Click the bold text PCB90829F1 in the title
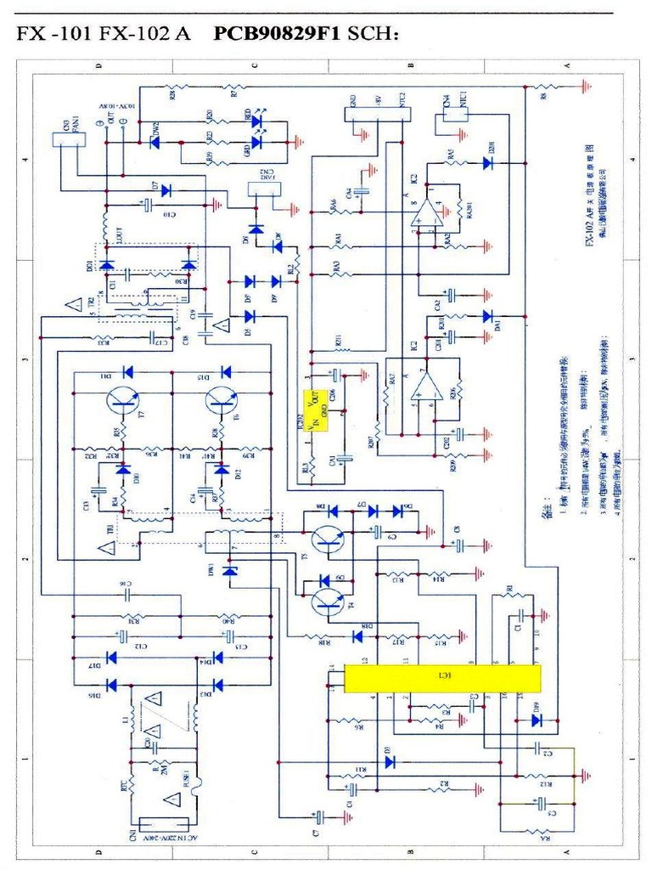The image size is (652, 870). [x=277, y=35]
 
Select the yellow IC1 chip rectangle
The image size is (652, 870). [x=441, y=678]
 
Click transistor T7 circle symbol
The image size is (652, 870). [x=124, y=402]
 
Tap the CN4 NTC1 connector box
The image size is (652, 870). [x=451, y=121]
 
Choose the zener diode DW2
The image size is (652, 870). [x=155, y=142]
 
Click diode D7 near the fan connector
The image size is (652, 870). [x=166, y=190]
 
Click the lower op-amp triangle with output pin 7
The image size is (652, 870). [x=424, y=386]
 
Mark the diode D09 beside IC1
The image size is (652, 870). [x=536, y=720]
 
